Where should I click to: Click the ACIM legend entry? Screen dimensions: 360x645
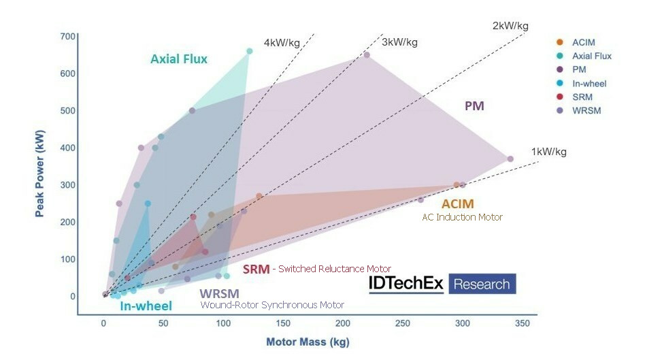pyautogui.click(x=583, y=42)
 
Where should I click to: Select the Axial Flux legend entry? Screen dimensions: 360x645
pyautogui.click(x=591, y=56)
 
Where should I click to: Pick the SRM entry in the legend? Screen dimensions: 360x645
pyautogui.click(x=582, y=97)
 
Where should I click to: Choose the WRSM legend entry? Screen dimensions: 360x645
pyautogui.click(x=584, y=110)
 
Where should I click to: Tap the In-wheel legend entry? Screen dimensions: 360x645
pyautogui.click(x=589, y=83)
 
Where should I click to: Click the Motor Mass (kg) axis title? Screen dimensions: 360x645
pyautogui.click(x=308, y=342)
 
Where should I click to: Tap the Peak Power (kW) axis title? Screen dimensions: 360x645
pyautogui.click(x=40, y=175)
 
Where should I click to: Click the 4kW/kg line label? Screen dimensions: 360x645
pyautogui.click(x=282, y=42)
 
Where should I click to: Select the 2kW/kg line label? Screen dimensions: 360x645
pyautogui.click(x=510, y=26)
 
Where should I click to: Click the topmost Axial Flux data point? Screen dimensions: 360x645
pyautogui.click(x=249, y=51)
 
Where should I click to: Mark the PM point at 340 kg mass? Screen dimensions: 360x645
pyautogui.click(x=510, y=159)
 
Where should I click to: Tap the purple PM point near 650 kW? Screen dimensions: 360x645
pyautogui.click(x=367, y=55)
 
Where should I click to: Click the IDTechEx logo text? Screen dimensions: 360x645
pyautogui.click(x=406, y=283)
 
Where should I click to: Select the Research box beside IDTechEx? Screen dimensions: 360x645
pyautogui.click(x=482, y=284)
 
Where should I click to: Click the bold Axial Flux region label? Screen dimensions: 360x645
pyautogui.click(x=179, y=59)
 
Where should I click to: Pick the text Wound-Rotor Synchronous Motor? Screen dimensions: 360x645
pyautogui.click(x=272, y=305)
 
